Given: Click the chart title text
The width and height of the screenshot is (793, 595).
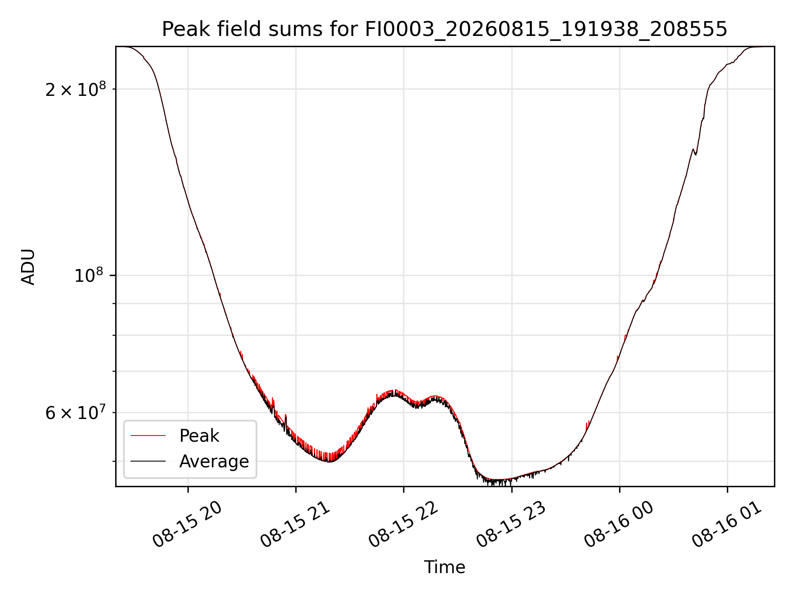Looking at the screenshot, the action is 444,29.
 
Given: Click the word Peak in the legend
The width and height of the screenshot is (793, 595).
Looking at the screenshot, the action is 199,436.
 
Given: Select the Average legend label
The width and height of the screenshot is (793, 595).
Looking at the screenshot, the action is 214,462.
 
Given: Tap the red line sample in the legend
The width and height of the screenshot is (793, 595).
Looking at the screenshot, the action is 148,436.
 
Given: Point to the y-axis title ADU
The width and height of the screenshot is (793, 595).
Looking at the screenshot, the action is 28,267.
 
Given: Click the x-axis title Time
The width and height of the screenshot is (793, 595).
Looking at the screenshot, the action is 445,567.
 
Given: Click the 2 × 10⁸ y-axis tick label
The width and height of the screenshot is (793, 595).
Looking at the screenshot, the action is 76,89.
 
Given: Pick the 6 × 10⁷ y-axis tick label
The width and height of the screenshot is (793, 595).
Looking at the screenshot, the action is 76,413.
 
